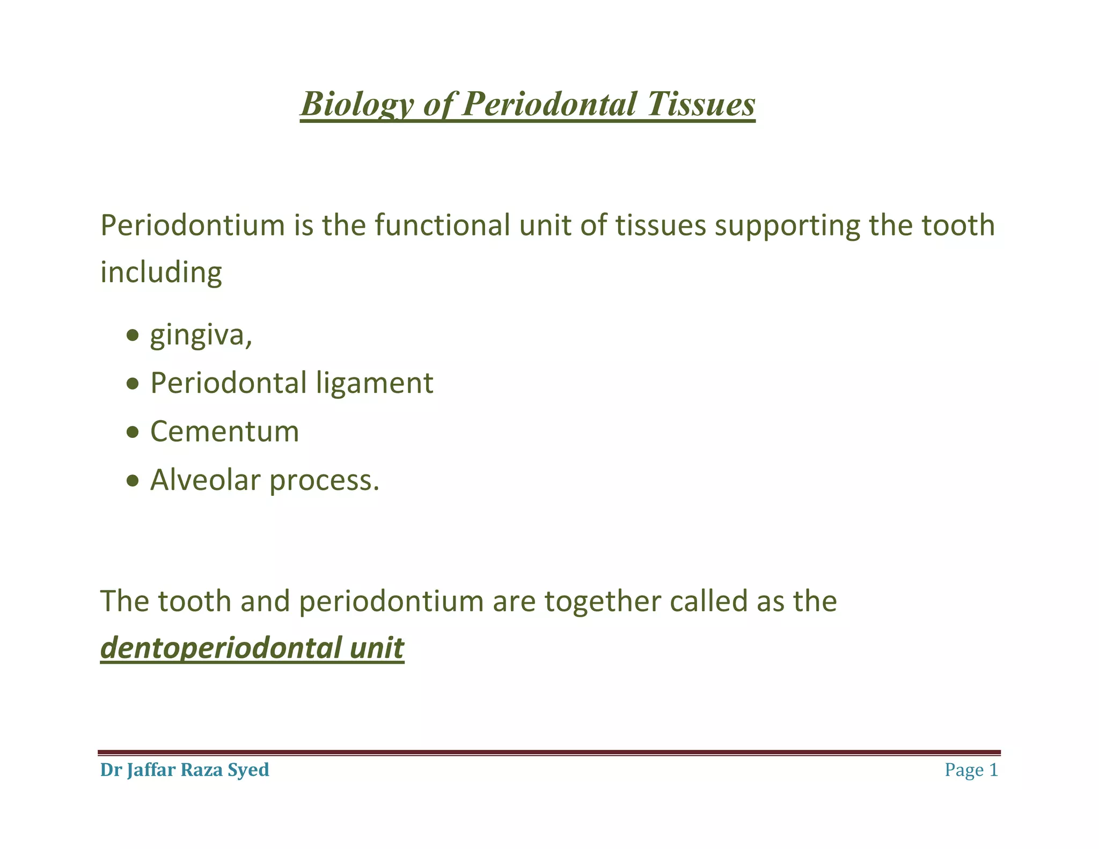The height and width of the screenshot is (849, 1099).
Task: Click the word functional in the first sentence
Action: [x=442, y=225]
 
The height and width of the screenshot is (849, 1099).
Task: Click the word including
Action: [x=161, y=273]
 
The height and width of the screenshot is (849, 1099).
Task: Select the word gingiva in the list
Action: [x=200, y=336]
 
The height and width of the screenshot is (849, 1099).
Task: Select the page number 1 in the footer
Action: [x=993, y=770]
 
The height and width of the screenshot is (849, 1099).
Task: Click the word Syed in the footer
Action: [x=248, y=770]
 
